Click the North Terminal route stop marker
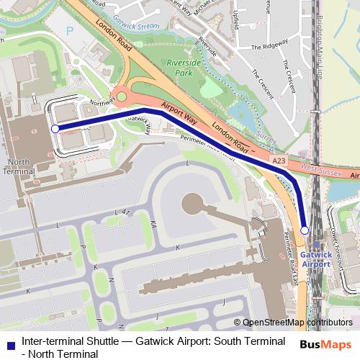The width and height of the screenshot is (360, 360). click(x=55, y=129)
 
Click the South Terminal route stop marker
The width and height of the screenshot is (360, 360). click(x=305, y=230)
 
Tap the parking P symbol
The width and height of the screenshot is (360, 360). click(x=70, y=32)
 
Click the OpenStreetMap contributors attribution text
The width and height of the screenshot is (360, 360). click(x=297, y=323)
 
